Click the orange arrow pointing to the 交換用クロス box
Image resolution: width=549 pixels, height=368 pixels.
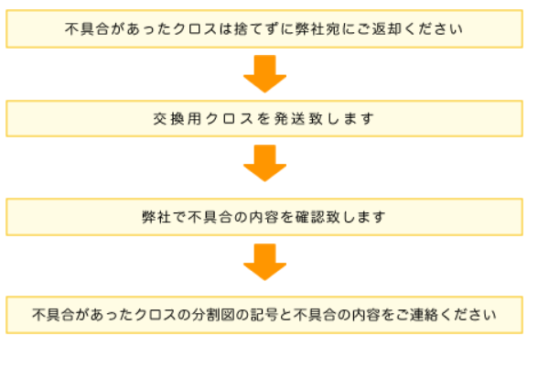[264, 73]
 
